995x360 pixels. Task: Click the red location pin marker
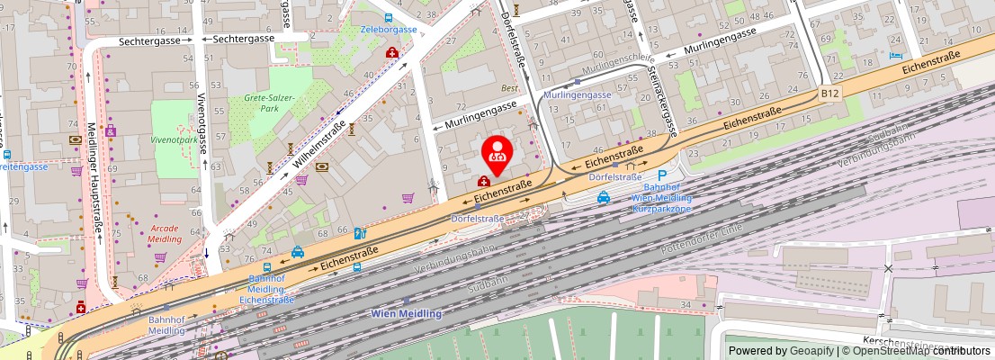coord(497,154)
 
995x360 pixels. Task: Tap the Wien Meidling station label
coord(407,313)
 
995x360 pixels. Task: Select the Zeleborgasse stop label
coord(389,29)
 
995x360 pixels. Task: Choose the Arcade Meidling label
coord(164,233)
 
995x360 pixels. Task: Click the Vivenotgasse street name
coord(202,121)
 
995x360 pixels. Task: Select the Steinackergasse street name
coord(659,100)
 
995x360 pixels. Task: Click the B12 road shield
coord(829,93)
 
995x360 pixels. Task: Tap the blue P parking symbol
coord(662,175)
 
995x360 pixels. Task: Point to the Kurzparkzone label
coord(661,208)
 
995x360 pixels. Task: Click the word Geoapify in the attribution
coord(812,351)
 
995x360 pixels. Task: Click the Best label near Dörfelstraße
coord(510,88)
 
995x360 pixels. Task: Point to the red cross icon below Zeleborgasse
coord(392,53)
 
